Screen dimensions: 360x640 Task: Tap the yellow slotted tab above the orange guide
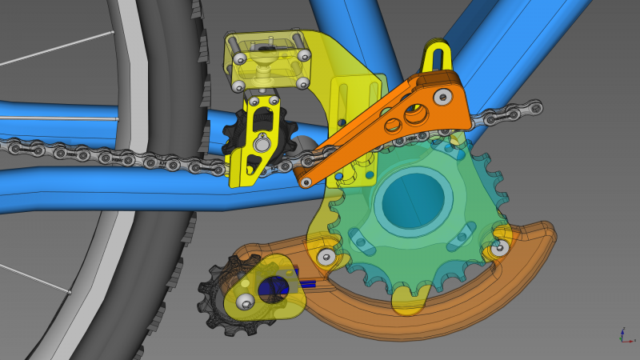coord(438,57)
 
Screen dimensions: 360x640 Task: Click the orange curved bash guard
coord(448,308)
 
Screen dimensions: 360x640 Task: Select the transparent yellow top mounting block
coord(268,60)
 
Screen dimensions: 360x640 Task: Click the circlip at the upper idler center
coord(262,143)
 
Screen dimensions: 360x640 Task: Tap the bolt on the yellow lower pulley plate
coord(246,301)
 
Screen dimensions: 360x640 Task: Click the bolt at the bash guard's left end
coord(326,257)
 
